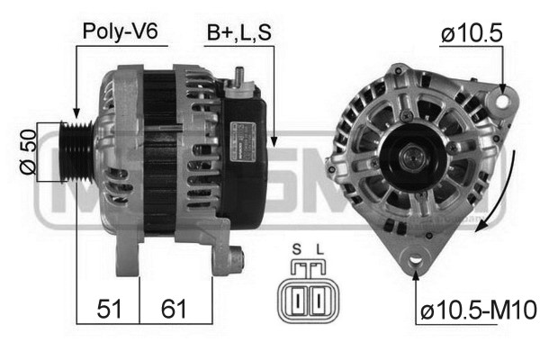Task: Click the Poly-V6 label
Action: pyautogui.click(x=121, y=32)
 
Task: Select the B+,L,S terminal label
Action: pyautogui.click(x=239, y=33)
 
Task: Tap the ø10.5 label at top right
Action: pyautogui.click(x=472, y=33)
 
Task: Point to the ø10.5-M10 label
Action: pyautogui.click(x=479, y=310)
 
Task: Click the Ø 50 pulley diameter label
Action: pyautogui.click(x=28, y=151)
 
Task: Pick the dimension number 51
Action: pyautogui.click(x=109, y=309)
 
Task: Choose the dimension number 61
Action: pyautogui.click(x=174, y=309)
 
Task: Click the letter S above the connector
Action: pyautogui.click(x=296, y=249)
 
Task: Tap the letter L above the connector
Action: pyautogui.click(x=320, y=249)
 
